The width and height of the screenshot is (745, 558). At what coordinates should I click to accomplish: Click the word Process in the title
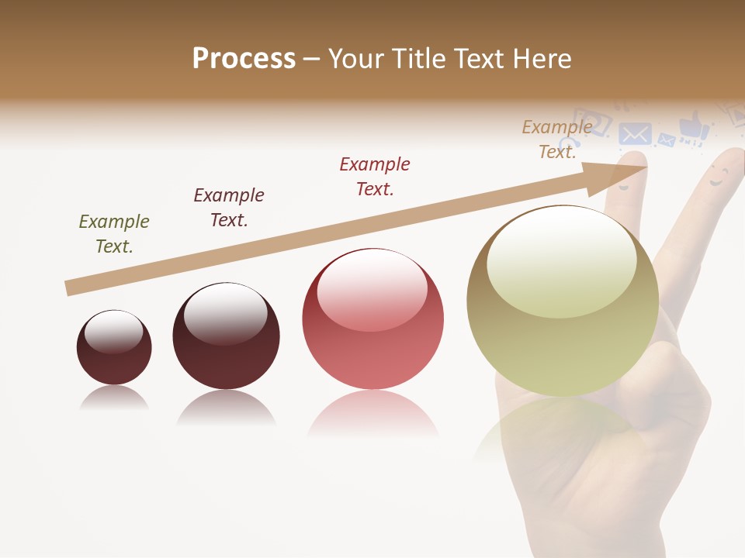244,59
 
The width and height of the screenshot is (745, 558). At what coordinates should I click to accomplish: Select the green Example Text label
114,234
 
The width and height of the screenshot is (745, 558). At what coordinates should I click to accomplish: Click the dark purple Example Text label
229,208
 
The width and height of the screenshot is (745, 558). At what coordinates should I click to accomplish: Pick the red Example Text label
375,177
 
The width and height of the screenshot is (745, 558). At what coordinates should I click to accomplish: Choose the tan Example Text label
557,139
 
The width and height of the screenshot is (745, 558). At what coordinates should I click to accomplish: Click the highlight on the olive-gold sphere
561,260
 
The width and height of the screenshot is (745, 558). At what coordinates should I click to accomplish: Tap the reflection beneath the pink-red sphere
372,414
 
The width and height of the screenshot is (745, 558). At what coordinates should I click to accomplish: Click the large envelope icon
635,134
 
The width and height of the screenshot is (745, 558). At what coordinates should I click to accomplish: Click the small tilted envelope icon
667,140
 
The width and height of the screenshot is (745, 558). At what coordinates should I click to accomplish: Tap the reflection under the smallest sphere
114,398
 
